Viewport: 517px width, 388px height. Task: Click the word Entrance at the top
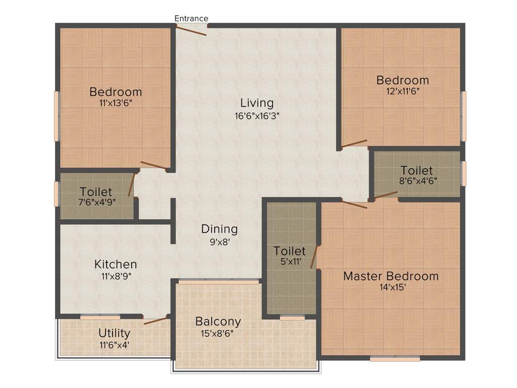coord(191,19)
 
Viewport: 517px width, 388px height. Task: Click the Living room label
coord(256,103)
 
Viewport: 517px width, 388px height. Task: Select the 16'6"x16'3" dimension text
coord(257,115)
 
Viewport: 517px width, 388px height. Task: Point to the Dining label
coord(219,229)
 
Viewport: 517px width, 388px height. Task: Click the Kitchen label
coord(116,264)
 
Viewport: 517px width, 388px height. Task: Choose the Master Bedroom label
coord(391,276)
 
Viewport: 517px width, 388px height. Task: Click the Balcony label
coord(218,321)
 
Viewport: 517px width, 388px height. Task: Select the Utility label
coord(115,333)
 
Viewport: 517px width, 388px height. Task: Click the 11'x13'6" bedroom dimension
coord(116,103)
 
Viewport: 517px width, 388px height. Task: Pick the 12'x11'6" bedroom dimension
coord(402,91)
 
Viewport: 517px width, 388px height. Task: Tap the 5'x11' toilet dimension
coord(289,262)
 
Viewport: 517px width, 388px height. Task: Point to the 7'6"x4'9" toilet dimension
coord(96,203)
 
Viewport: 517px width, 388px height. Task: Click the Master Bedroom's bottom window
coord(395,359)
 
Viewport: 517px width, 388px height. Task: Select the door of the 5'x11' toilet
coord(314,257)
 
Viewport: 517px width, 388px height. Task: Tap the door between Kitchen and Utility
coord(156,320)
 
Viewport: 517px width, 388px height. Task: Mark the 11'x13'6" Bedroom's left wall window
coord(57,116)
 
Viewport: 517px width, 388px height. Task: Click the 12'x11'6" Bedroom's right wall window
coord(463,116)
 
